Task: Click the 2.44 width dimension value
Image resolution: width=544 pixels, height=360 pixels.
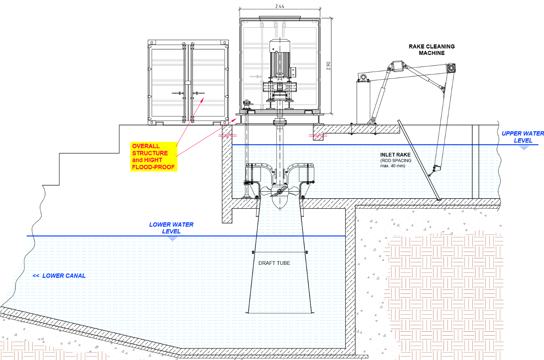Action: [x=280, y=6]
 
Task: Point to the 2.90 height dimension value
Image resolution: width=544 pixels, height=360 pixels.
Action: [x=328, y=66]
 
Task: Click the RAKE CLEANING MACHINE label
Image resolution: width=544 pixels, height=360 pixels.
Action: [x=432, y=49]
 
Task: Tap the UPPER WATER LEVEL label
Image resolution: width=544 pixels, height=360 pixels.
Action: [x=522, y=137]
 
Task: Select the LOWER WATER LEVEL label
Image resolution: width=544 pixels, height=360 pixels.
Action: [x=171, y=228]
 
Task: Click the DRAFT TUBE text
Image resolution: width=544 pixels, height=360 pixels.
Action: [x=274, y=263]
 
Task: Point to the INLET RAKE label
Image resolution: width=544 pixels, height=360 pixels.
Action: [x=395, y=155]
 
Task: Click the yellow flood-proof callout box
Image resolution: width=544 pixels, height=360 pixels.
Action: [x=154, y=157]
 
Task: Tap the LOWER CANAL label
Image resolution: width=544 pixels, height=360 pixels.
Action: [x=64, y=276]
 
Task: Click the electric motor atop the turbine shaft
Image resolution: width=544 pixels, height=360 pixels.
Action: [x=280, y=60]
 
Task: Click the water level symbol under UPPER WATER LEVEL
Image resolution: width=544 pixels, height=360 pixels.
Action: [x=524, y=148]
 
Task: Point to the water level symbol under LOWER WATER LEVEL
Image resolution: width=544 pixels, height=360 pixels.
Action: [x=172, y=239]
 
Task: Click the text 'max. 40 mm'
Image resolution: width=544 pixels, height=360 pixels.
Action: [x=393, y=166]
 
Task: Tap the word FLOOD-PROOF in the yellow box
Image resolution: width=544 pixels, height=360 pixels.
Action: [x=153, y=167]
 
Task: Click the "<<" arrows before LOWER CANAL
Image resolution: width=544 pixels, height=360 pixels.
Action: [x=36, y=276]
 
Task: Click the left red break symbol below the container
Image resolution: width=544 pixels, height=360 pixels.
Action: [x=228, y=135]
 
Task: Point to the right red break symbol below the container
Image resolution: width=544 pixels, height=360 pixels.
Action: [x=318, y=136]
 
